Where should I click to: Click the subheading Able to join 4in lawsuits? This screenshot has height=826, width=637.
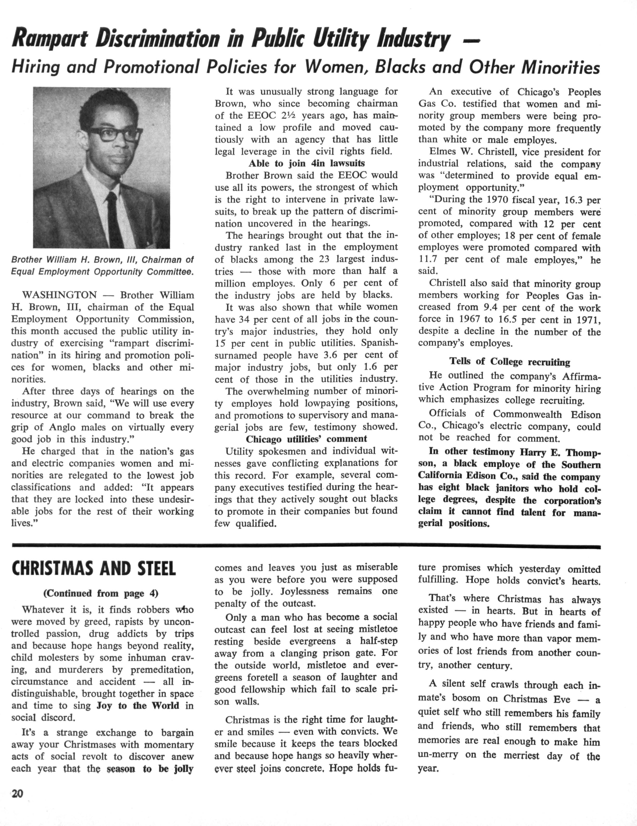307,163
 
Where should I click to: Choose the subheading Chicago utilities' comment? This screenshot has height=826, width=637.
307,439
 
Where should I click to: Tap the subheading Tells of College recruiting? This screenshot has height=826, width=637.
509,362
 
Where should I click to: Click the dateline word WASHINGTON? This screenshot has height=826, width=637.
60,295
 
